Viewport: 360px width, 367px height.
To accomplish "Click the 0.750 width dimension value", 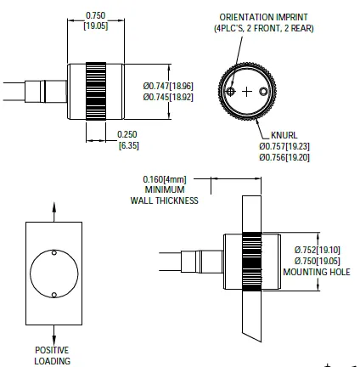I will coord(96,16).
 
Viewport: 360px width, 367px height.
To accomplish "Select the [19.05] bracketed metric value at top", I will coord(96,26).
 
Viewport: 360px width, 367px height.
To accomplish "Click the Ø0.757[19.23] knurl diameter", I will coord(285,145).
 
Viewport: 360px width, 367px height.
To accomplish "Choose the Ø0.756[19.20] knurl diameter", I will coord(285,156).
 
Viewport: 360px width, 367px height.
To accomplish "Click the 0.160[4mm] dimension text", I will coord(166,180).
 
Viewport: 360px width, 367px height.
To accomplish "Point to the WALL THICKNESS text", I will coord(164,201).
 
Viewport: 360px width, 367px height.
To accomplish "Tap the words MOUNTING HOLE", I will coord(318,273).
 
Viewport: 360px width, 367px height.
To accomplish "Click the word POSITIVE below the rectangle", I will coord(52,349).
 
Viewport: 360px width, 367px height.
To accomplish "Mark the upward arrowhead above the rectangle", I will coord(56,206).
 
